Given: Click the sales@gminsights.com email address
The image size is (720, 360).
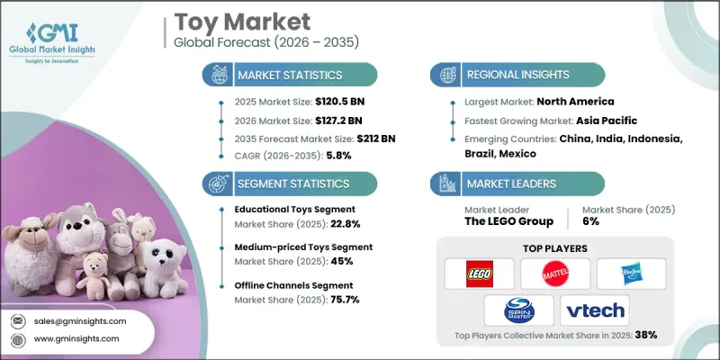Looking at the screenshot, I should [78, 320].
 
